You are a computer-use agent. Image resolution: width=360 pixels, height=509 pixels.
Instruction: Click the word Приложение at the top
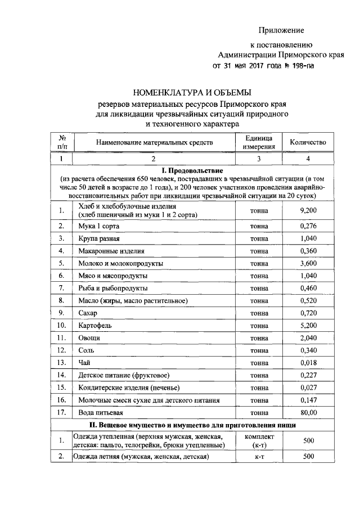point(281,30)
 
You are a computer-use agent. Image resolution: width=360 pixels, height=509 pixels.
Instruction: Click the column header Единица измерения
point(259,142)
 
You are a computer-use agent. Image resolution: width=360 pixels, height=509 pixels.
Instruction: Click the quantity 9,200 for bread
point(308,210)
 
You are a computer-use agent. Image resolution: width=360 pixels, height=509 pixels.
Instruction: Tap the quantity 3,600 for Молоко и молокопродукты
point(308,263)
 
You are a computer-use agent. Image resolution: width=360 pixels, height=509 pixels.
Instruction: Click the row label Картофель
point(94,325)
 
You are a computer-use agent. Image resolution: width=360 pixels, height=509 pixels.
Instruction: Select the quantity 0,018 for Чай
point(308,362)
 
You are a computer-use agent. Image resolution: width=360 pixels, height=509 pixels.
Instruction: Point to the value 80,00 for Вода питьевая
point(308,412)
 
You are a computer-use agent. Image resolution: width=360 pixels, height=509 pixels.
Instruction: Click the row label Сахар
point(88,312)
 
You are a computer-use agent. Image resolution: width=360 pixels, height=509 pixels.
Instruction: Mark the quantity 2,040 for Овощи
point(308,337)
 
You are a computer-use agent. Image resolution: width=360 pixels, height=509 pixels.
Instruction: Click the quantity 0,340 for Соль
point(308,349)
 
